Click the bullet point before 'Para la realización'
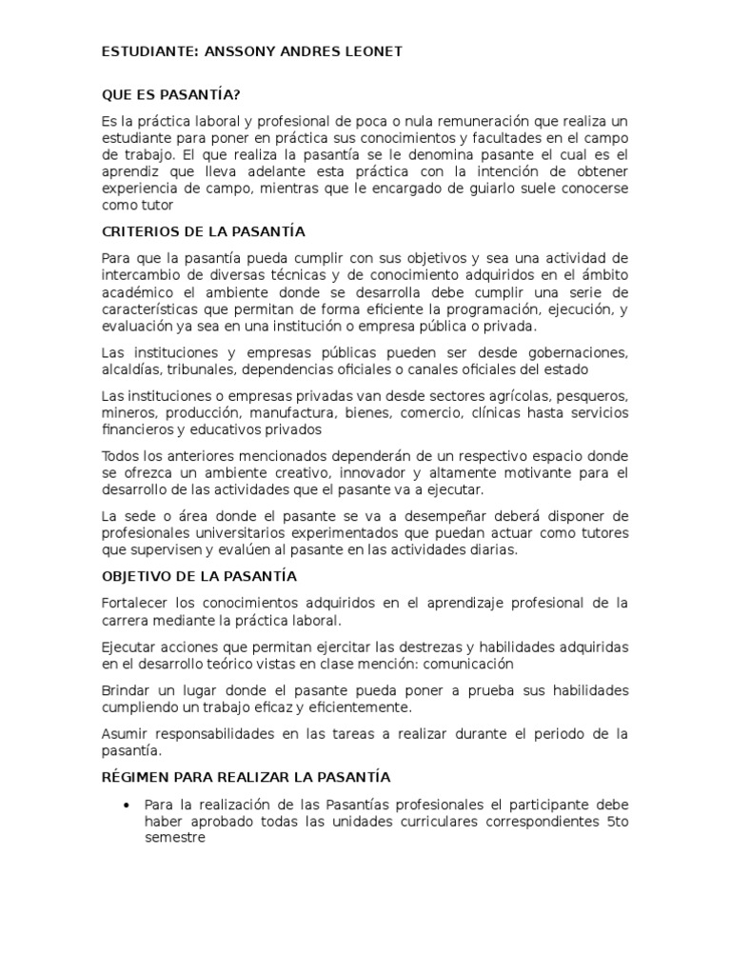(x=126, y=806)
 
